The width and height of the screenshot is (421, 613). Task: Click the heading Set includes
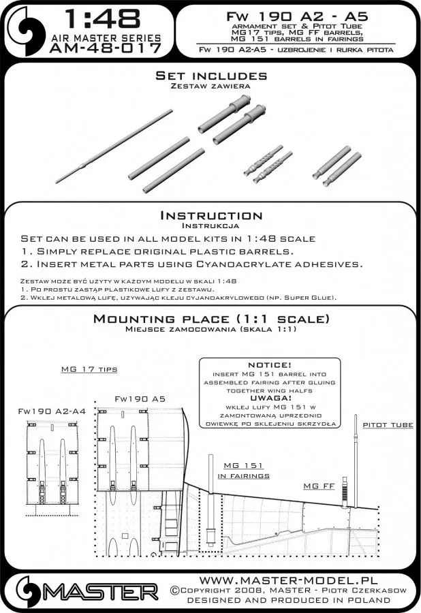(211, 76)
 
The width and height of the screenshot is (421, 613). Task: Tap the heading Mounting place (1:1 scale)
(211, 319)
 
